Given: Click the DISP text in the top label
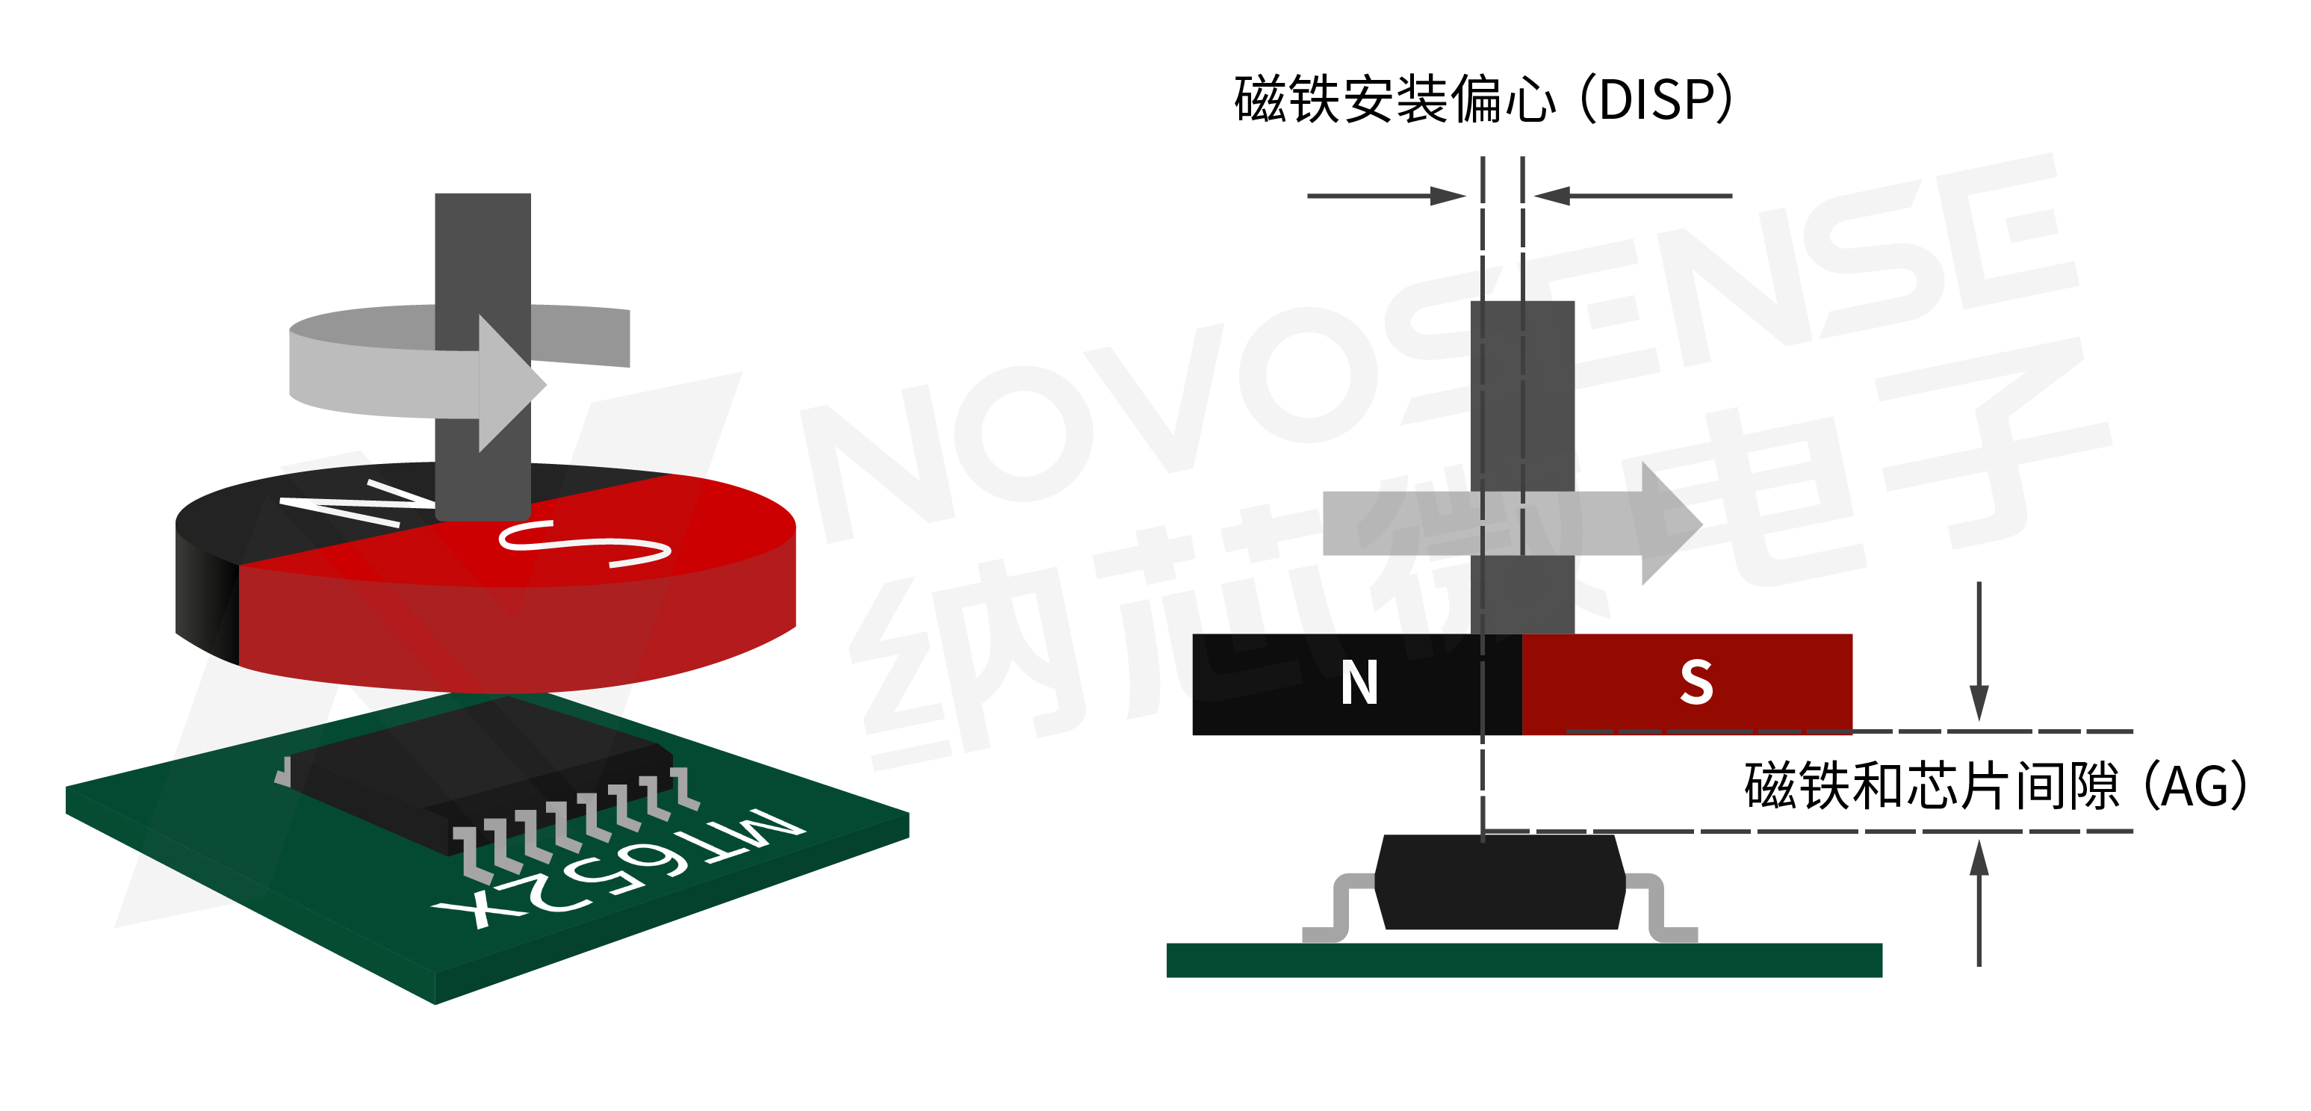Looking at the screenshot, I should tap(1655, 99).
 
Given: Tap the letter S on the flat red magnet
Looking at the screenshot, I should tap(1696, 683).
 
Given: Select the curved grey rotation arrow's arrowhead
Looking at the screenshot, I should tap(509, 383).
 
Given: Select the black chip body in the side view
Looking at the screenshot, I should tap(1499, 882).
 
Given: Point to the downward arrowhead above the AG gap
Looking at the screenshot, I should tap(1978, 704).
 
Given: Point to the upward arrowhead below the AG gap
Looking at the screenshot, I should tap(1978, 858).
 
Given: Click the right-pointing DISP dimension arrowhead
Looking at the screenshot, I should tap(1446, 196).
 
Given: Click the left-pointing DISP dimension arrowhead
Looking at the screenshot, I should tap(1552, 196).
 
